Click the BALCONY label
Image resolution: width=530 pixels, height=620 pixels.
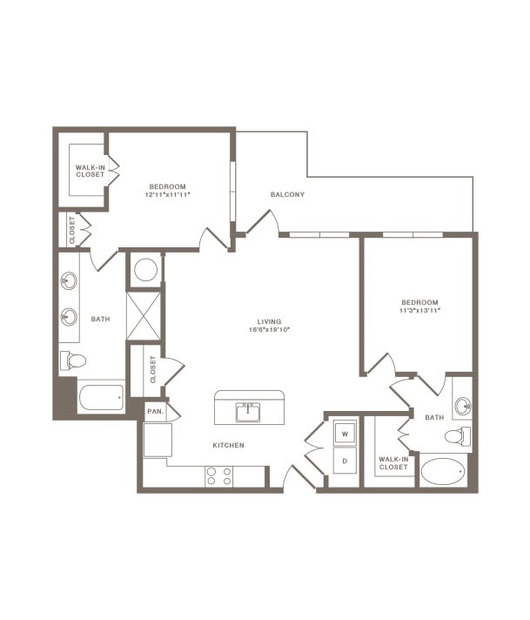287,194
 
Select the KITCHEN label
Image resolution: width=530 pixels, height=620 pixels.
228,445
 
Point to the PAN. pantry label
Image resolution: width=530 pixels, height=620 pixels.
155,410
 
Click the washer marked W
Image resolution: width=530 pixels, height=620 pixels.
345,433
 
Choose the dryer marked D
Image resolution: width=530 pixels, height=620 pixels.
345,459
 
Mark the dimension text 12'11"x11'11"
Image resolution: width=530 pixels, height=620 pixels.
169,194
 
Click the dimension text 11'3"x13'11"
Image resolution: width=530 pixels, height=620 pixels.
420,310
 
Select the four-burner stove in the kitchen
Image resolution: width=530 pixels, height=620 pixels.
218,475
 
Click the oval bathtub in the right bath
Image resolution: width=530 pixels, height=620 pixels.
443,472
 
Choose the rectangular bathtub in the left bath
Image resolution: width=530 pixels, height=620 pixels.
101,399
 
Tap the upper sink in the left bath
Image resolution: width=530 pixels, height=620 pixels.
69,281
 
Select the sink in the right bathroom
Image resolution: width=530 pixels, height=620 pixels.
462,406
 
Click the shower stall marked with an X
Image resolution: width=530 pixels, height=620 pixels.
144,315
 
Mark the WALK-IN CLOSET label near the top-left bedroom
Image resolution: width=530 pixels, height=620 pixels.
90,171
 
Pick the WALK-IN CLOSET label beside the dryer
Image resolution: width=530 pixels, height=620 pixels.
393,462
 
